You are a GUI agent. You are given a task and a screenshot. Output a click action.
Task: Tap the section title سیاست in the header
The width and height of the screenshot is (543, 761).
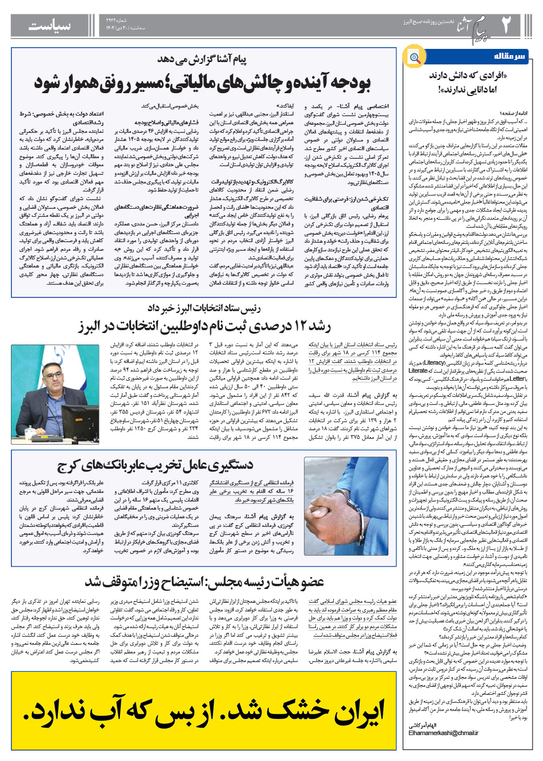pyautogui.click(x=50, y=25)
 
